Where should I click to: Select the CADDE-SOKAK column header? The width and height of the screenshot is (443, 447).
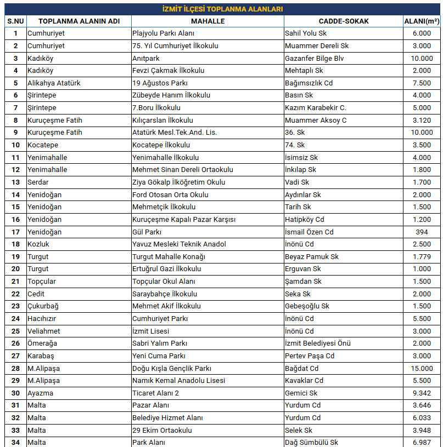(343, 21)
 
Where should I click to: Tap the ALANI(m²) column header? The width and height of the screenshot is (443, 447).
(422, 21)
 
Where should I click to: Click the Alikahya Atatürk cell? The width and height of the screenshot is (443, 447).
(54, 83)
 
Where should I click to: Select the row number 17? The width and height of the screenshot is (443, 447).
(15, 232)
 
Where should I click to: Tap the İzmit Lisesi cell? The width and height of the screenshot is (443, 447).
(151, 331)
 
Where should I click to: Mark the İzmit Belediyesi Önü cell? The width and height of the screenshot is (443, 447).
(318, 343)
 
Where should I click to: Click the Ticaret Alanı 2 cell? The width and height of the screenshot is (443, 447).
(156, 393)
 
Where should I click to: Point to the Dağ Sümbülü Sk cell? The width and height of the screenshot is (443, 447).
(311, 442)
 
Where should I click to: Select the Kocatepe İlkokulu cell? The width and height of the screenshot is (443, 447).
(161, 145)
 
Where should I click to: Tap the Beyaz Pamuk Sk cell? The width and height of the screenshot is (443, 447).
(312, 256)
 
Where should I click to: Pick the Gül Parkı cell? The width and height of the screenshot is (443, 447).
(147, 232)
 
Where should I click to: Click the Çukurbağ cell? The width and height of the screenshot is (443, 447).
(43, 306)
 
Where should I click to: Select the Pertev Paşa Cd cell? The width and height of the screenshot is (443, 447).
(310, 356)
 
